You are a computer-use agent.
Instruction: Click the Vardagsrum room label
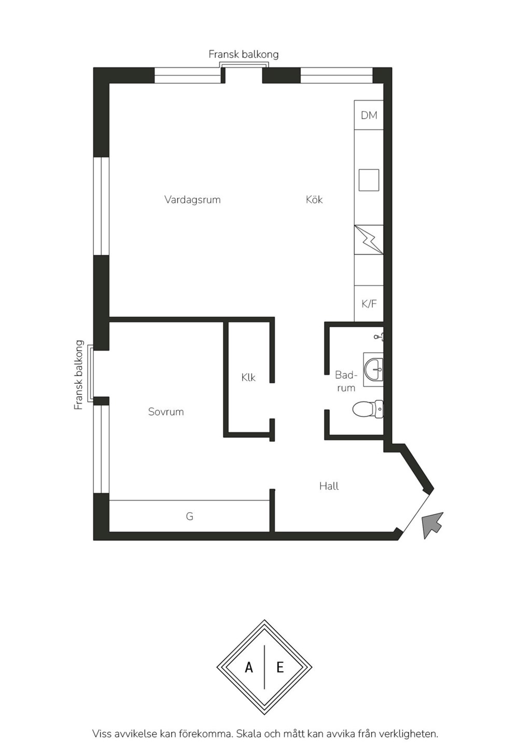(x=192, y=200)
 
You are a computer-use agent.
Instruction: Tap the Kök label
(x=314, y=199)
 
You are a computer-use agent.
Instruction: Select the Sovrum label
(x=166, y=411)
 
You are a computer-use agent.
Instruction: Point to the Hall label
(x=329, y=486)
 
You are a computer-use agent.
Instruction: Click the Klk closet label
(x=248, y=378)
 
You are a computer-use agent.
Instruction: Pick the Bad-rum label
(x=346, y=381)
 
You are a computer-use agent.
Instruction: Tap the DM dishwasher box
(x=369, y=115)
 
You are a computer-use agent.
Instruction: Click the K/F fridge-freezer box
(x=369, y=304)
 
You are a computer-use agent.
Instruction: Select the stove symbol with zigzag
(x=369, y=240)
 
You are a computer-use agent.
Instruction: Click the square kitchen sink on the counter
(x=369, y=180)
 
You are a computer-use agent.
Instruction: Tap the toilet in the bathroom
(x=368, y=409)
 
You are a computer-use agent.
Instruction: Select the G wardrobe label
(x=189, y=516)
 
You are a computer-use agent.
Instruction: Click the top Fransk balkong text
(x=244, y=54)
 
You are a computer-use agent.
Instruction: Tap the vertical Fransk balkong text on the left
(x=79, y=375)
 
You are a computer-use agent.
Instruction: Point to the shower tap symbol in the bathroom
(x=379, y=336)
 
